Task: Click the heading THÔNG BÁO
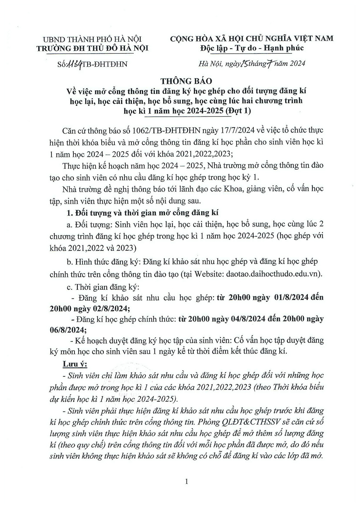[x=186, y=81]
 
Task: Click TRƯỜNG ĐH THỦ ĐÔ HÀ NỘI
[x=92, y=48]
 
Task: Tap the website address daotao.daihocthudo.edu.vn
[x=273, y=274]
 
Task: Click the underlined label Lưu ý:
[x=72, y=363]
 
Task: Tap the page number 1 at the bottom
[x=186, y=481]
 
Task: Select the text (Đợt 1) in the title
[x=238, y=111]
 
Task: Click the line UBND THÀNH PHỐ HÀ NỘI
[x=92, y=39]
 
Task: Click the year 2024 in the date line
[x=296, y=64]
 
